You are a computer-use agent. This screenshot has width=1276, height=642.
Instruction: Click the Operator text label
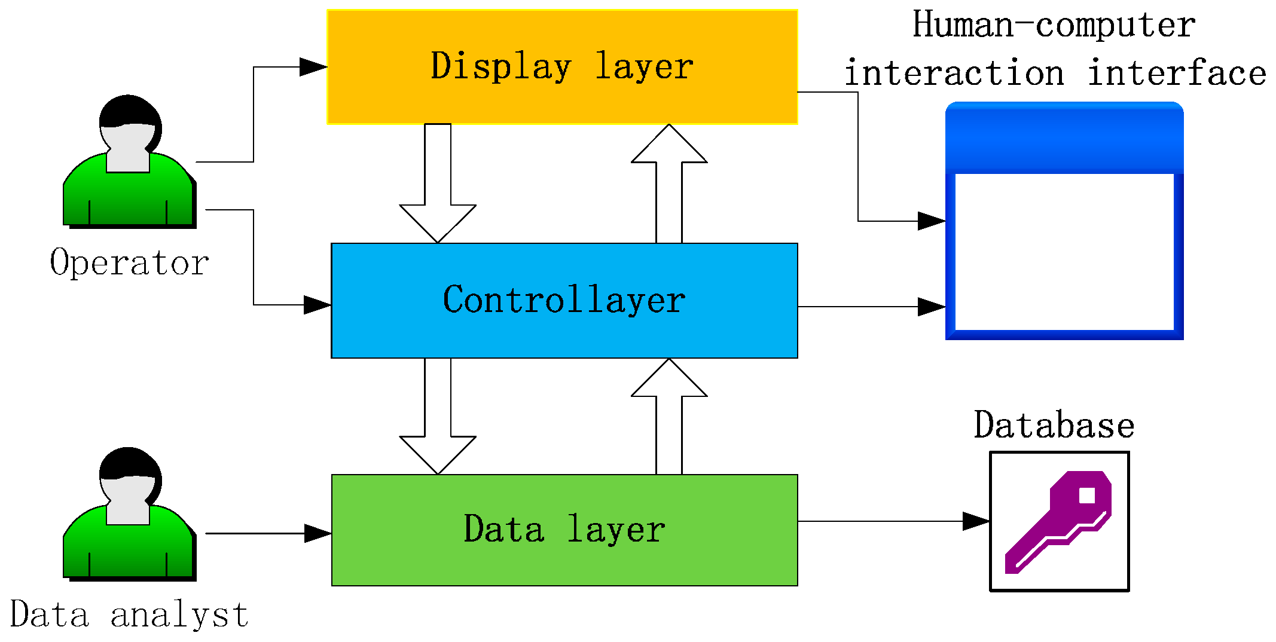pyautogui.click(x=129, y=263)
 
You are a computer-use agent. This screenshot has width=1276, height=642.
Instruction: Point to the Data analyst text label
pyautogui.click(x=129, y=615)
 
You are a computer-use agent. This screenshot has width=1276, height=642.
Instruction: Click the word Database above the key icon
pyautogui.click(x=1054, y=426)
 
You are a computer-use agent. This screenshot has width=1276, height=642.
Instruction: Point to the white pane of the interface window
pyautogui.click(x=1064, y=251)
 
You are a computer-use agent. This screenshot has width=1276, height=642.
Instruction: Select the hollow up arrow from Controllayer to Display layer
pyautogui.click(x=669, y=179)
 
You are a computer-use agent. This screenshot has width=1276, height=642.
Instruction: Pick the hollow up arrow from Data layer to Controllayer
pyautogui.click(x=669, y=412)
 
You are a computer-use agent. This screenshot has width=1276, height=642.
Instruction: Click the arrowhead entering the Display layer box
pyautogui.click(x=313, y=67)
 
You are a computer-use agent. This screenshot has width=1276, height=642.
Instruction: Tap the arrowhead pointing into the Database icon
pyautogui.click(x=975, y=521)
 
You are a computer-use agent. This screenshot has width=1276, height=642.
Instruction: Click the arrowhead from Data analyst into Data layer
pyautogui.click(x=317, y=533)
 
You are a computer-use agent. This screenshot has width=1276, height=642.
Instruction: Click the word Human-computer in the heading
pyautogui.click(x=1054, y=25)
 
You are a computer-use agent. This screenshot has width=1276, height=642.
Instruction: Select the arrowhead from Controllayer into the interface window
pyautogui.click(x=931, y=307)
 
